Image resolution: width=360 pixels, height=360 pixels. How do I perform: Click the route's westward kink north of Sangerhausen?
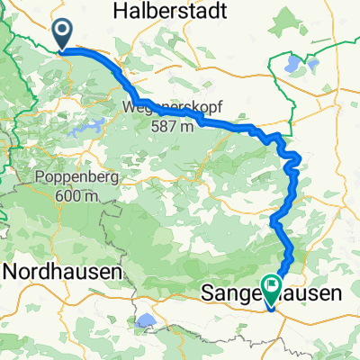[273, 219]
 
